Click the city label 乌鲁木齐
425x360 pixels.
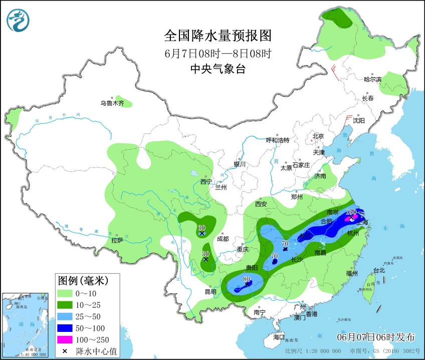click(111, 103)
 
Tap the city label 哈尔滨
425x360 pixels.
click(372, 79)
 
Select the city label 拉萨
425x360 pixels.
click(117, 241)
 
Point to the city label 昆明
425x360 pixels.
click(210, 291)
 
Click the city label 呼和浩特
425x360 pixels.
click(277, 140)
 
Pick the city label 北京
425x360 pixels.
click(318, 136)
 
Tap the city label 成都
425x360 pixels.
click(223, 239)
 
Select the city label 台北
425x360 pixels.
click(379, 270)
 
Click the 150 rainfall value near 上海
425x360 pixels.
click(351, 212)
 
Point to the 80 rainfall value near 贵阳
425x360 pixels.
click(246, 279)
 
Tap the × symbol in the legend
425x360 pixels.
click(65, 350)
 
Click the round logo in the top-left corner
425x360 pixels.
click(18, 21)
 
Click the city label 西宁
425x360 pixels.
click(206, 182)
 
